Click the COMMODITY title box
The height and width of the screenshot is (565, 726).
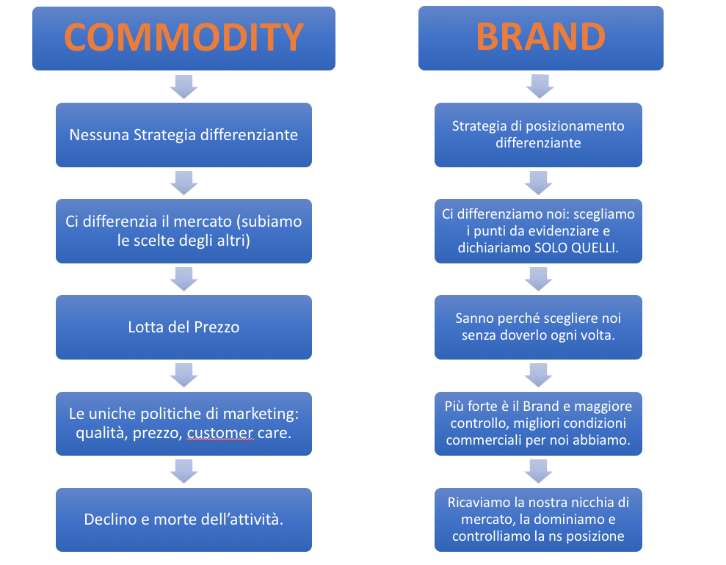click(x=184, y=38)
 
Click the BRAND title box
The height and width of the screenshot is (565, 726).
click(x=540, y=38)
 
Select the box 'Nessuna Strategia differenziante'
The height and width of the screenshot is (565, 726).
click(x=184, y=135)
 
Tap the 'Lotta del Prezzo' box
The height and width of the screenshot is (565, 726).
click(x=184, y=327)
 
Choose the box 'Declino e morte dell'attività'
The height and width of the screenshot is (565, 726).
click(x=184, y=520)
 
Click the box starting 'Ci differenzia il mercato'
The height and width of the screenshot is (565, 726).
click(x=184, y=230)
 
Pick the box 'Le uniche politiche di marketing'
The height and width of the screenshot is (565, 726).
click(x=184, y=423)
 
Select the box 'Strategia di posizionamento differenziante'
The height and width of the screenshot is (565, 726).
click(x=538, y=134)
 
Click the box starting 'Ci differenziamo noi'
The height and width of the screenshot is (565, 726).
click(x=538, y=230)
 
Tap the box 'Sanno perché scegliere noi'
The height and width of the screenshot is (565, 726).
click(x=538, y=327)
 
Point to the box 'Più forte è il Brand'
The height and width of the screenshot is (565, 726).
click(x=538, y=423)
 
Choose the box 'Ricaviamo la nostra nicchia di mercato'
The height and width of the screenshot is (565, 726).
click(x=538, y=520)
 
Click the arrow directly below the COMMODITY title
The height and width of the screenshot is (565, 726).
click(x=184, y=86)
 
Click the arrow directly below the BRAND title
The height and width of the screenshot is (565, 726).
click(x=540, y=86)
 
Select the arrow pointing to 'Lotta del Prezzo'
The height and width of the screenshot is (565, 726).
click(x=184, y=278)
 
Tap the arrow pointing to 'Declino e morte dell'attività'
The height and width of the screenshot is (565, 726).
click(x=184, y=471)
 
